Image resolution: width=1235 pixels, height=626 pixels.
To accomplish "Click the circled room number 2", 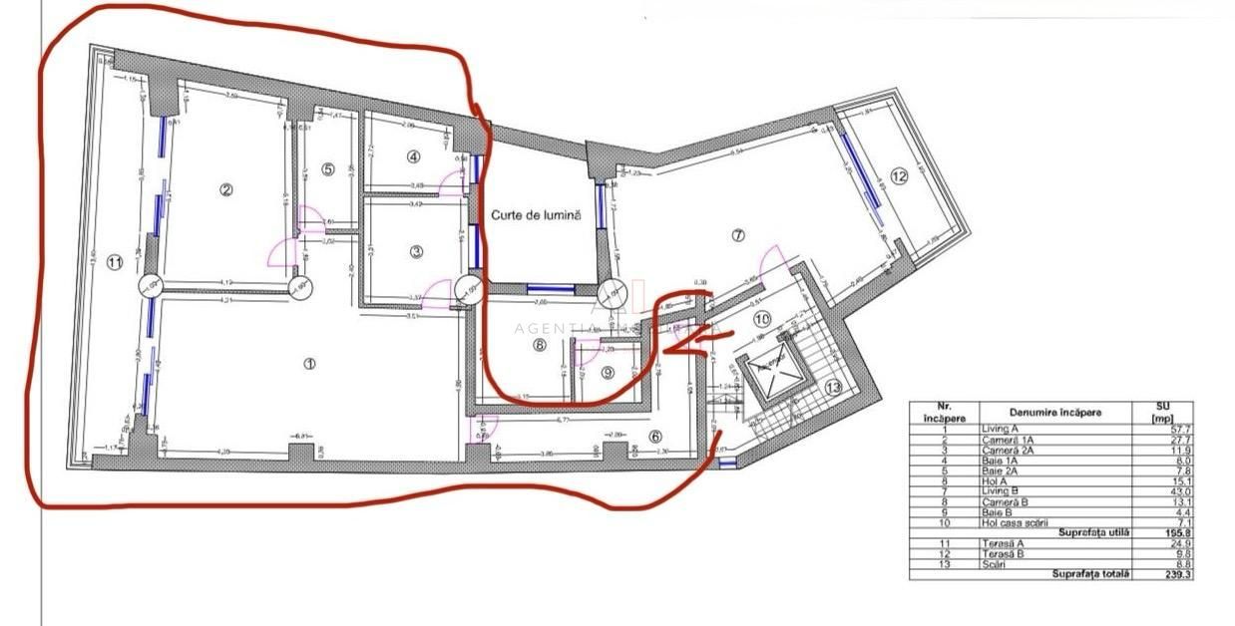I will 226,189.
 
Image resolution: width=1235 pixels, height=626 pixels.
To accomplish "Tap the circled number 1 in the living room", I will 309,364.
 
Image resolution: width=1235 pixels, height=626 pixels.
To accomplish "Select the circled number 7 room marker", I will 738,236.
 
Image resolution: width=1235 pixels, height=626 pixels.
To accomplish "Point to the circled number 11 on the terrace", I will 114,263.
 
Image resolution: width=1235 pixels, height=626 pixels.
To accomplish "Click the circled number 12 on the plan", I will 899,176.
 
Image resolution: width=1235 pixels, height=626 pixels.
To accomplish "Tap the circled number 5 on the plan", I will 328,169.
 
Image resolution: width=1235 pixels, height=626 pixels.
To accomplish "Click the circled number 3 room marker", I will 417,251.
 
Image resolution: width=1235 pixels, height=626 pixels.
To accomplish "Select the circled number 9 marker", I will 609,373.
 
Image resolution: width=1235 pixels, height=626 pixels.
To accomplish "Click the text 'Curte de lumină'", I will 535,214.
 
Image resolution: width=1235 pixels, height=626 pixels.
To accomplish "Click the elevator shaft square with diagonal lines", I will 769,377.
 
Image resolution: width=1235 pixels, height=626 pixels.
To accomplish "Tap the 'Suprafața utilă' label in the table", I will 1095,533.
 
